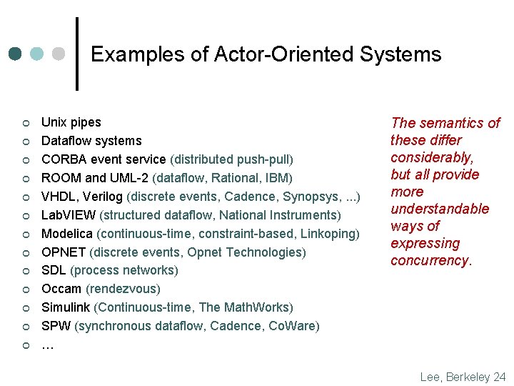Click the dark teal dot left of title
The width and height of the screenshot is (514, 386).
15,54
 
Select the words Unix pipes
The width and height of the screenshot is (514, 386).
71,122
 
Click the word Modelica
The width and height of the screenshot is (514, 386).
67,233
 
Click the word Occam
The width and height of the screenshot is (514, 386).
61,289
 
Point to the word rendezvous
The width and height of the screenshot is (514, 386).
123,289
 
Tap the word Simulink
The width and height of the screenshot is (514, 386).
66,307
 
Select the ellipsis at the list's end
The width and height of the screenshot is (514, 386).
48,345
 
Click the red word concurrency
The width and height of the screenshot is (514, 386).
430,260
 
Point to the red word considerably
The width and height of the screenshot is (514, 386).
431,157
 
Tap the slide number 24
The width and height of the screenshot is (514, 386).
499,377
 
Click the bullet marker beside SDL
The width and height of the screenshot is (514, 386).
24,271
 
